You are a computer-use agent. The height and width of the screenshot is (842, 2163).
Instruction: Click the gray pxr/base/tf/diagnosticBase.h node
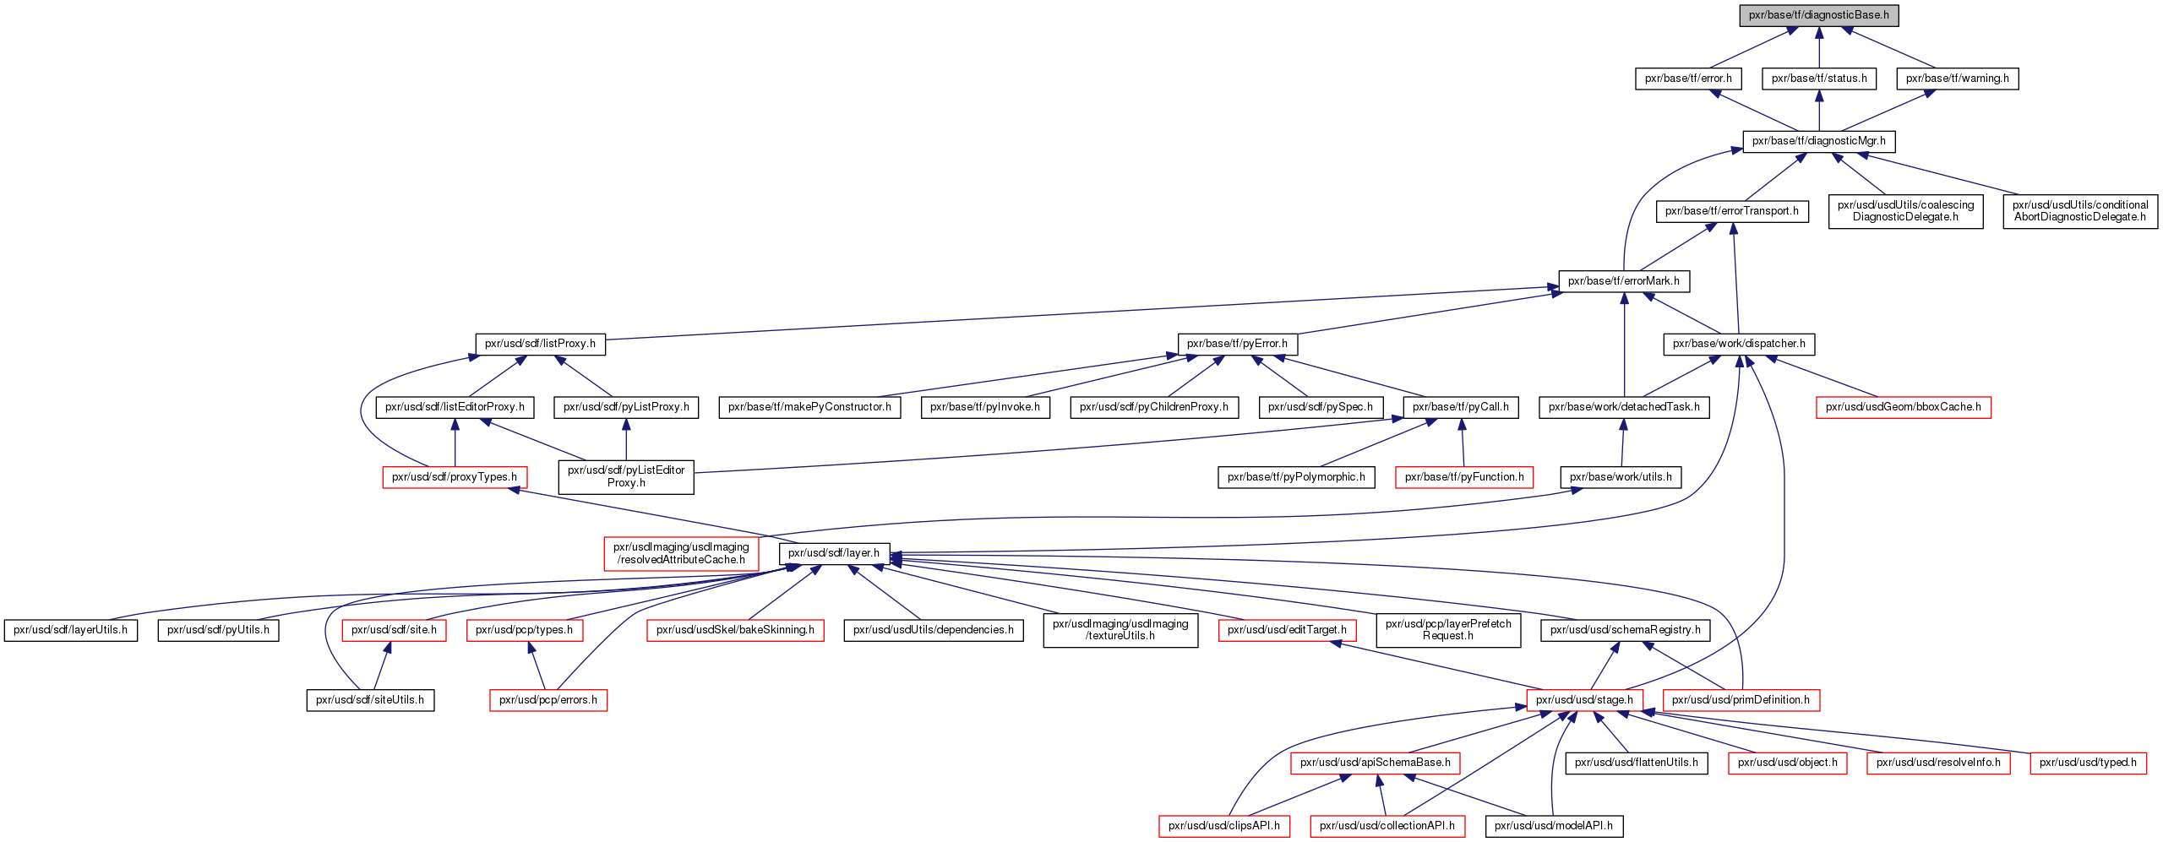[1819, 15]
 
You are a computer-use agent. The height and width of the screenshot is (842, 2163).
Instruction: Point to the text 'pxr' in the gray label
[1757, 15]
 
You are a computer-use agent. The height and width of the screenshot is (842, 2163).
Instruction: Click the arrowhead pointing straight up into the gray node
[1819, 34]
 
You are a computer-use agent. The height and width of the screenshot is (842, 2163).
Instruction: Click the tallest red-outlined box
[681, 554]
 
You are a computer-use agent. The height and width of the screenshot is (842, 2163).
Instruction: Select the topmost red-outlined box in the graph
[1904, 407]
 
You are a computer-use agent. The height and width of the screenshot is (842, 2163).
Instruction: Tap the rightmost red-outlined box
[2088, 763]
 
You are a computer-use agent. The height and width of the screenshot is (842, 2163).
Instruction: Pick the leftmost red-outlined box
[394, 630]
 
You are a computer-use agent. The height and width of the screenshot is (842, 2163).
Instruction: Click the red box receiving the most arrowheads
[1584, 700]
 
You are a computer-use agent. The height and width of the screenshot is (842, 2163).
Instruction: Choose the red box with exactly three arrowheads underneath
[1376, 763]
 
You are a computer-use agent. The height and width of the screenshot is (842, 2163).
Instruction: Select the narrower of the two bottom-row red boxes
[1224, 826]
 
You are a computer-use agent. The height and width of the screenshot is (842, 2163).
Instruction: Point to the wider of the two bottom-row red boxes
[1387, 826]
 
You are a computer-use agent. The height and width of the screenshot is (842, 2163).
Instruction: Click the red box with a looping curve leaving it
[455, 477]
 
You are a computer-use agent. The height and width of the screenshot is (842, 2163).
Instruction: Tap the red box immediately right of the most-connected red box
[1741, 700]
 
